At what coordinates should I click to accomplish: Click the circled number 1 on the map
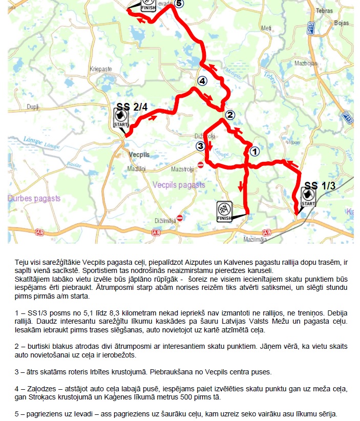tap(255, 152)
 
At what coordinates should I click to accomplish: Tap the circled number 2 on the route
tap(230, 115)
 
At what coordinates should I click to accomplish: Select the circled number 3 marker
tap(200, 146)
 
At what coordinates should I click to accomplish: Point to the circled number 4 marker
tap(202, 81)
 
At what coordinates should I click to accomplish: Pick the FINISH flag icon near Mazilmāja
tap(224, 212)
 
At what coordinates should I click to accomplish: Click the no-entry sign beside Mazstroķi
tap(201, 165)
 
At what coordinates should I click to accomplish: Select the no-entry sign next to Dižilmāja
tap(180, 218)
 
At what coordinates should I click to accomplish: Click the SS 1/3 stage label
tap(320, 186)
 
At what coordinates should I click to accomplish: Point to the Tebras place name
tap(324, 11)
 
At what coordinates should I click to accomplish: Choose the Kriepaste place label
tap(100, 69)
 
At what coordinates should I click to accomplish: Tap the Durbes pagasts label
tap(34, 198)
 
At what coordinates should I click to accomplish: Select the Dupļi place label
tap(33, 107)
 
